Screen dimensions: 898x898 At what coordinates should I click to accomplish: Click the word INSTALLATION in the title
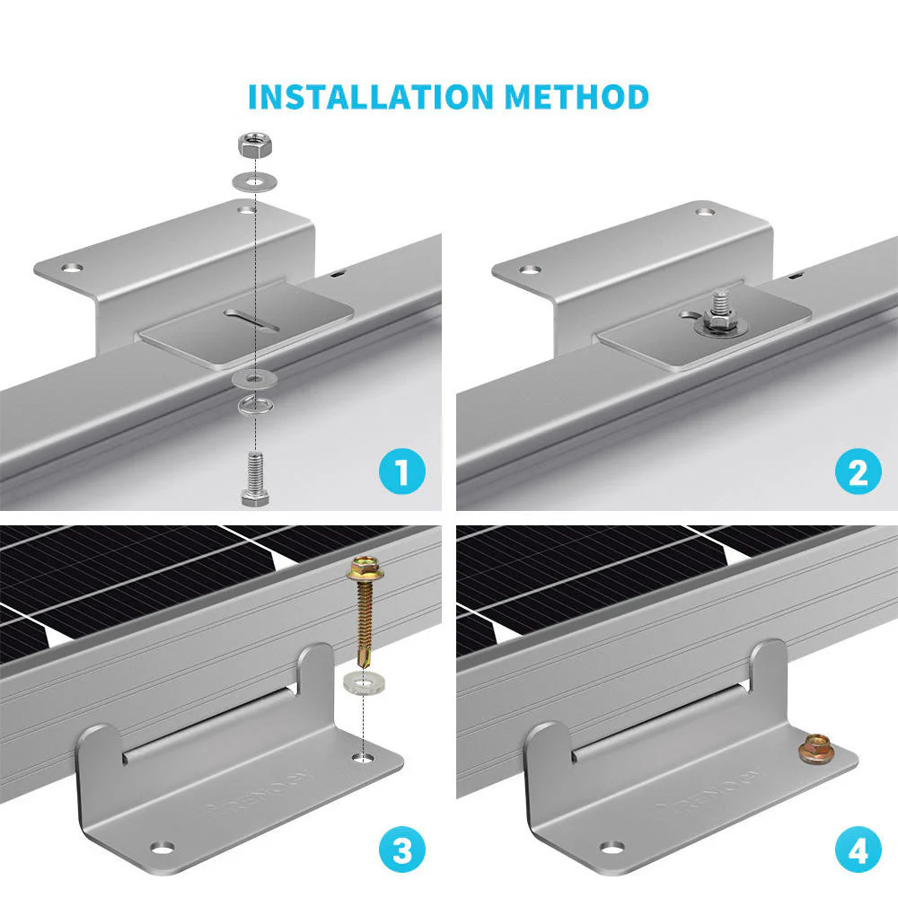[371, 96]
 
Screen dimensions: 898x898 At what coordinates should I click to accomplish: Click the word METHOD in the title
[576, 96]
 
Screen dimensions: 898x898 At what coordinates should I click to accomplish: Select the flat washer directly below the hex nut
[254, 181]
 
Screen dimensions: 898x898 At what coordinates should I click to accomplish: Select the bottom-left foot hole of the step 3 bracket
[163, 846]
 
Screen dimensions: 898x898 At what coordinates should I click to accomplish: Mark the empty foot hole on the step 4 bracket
[612, 846]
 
